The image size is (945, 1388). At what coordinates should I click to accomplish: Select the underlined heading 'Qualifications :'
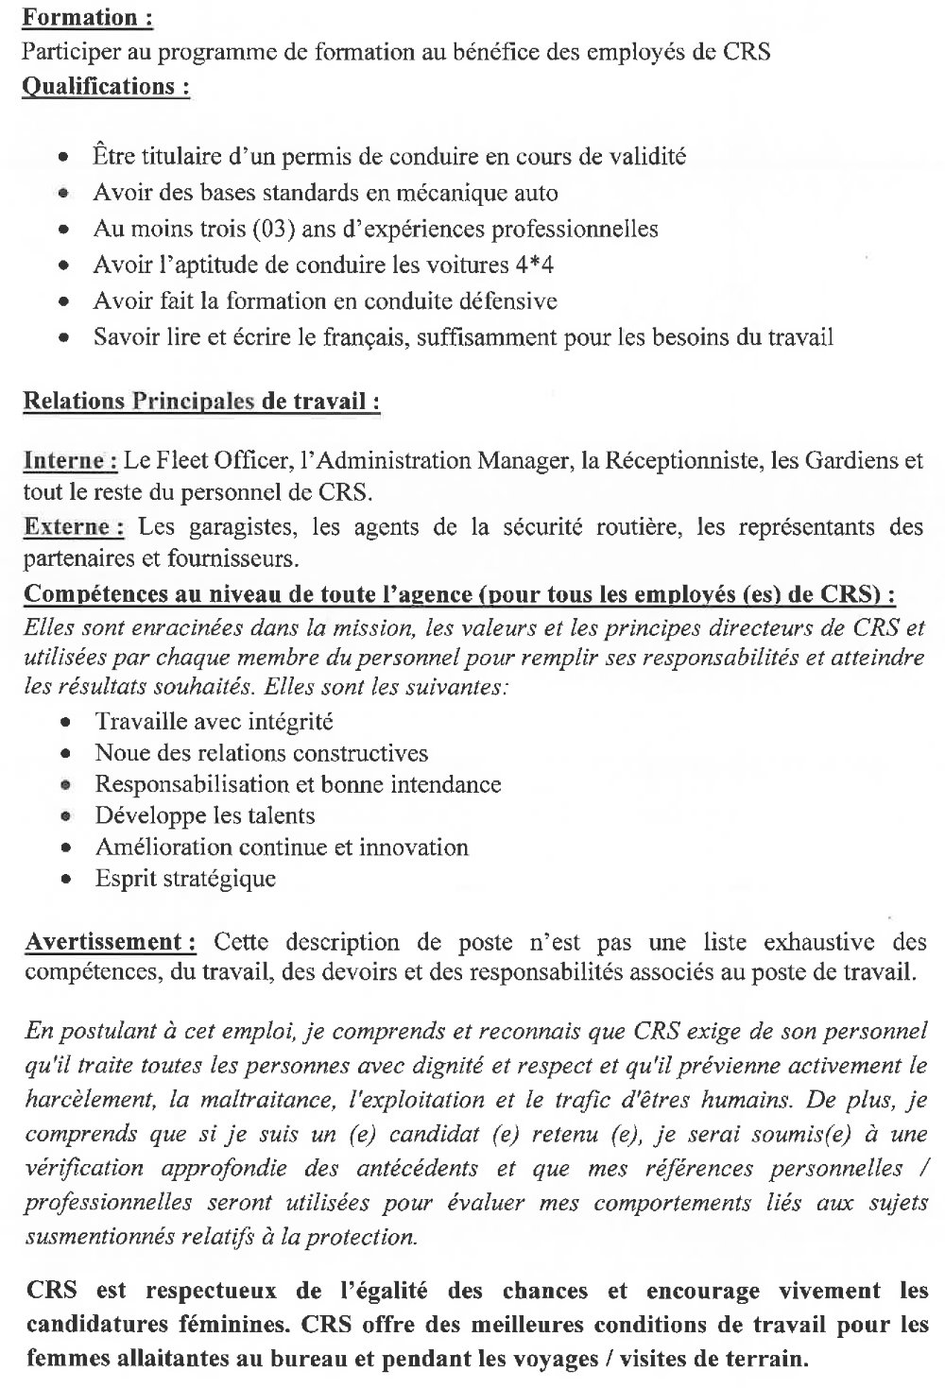[106, 86]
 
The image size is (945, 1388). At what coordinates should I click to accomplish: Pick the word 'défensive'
[508, 300]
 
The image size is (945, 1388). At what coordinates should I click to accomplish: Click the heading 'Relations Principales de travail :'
[201, 402]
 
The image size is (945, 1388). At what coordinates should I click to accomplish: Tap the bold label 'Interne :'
[70, 462]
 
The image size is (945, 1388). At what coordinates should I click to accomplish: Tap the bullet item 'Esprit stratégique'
[185, 879]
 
